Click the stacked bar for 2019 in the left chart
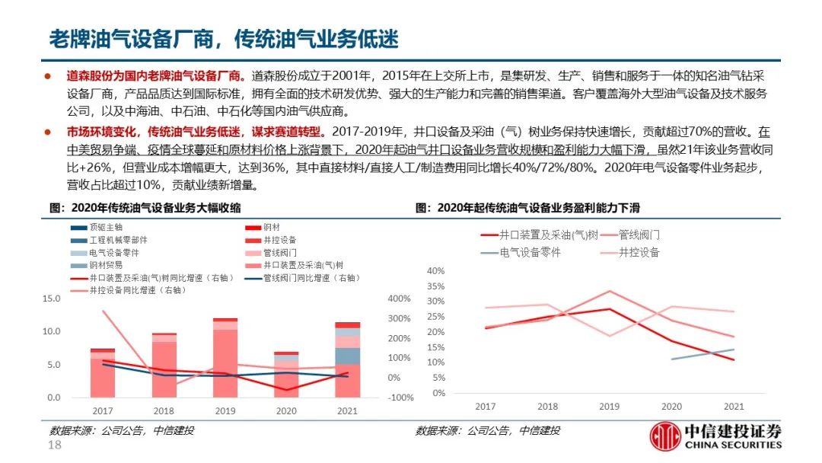click(225, 358)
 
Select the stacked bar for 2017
click(102, 373)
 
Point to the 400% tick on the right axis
click(400, 299)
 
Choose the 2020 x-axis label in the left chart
click(286, 410)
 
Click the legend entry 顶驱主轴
click(106, 227)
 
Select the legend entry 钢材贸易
click(106, 264)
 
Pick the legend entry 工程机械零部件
click(113, 239)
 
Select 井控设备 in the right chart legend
click(639, 252)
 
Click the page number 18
click(55, 445)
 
